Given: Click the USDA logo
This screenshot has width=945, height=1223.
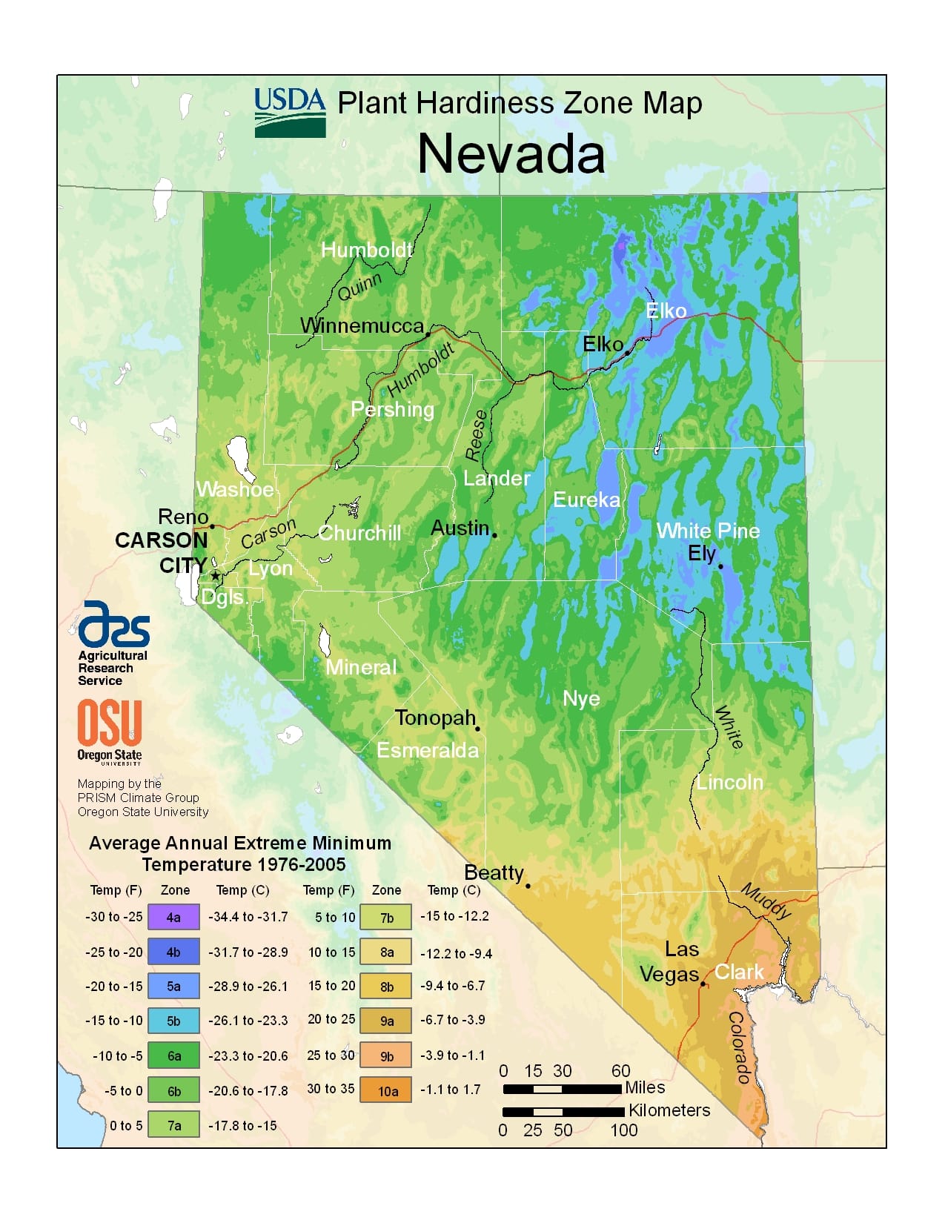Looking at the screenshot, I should [x=290, y=113].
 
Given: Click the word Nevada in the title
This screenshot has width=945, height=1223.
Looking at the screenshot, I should [x=511, y=154].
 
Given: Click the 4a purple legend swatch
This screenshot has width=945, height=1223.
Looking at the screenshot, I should [x=173, y=917].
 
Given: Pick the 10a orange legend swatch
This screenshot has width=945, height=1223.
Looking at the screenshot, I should [x=386, y=1090].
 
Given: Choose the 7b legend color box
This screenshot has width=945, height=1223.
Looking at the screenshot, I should [x=386, y=918].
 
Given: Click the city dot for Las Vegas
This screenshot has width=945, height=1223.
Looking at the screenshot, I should [x=703, y=984].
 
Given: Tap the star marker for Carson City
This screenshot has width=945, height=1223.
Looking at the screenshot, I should [x=215, y=575].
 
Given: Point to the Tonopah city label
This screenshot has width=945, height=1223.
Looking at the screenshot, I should [x=435, y=717].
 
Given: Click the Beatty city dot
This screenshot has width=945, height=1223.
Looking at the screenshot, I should [x=528, y=886].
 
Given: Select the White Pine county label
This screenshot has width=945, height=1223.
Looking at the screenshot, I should [x=708, y=531].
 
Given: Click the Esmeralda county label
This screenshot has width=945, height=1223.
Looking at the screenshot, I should [x=428, y=750].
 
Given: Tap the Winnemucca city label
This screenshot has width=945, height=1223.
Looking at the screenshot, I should [x=362, y=325].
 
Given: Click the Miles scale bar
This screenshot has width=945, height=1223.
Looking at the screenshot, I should [x=562, y=1089].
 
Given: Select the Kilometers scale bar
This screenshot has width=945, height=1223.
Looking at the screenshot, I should [x=563, y=1112].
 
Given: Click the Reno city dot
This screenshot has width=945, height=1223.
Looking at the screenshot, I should [x=212, y=526].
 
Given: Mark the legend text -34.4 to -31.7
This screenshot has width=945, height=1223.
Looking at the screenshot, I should [x=248, y=917].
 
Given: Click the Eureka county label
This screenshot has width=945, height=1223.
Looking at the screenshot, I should [x=586, y=500].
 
